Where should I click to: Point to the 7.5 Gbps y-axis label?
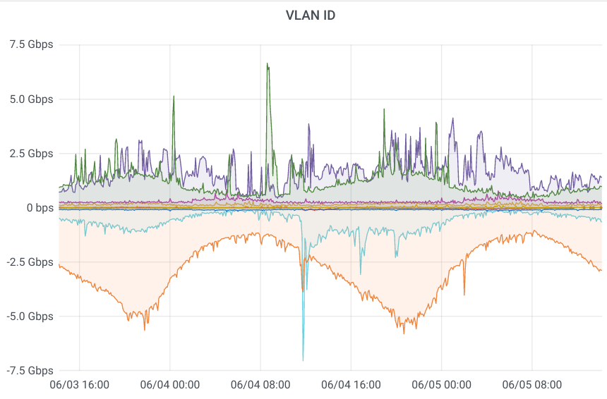(30, 44)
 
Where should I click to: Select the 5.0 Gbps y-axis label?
(30, 99)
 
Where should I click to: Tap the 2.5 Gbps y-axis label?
(30, 153)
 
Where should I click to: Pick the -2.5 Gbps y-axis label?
(29, 262)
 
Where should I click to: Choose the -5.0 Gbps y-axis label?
(29, 316)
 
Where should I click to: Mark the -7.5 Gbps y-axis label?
(29, 370)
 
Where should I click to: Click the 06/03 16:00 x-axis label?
(80, 385)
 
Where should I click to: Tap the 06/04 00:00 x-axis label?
(170, 385)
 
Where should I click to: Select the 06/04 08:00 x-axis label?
(260, 385)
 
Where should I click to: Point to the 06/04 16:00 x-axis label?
(351, 385)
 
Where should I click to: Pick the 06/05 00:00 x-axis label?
(441, 385)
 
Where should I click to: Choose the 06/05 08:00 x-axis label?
(531, 385)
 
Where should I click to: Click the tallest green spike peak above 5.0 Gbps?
(268, 63)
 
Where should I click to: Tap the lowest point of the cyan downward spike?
(303, 360)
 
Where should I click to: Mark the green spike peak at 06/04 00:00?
(174, 97)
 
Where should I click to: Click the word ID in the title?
(327, 15)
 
